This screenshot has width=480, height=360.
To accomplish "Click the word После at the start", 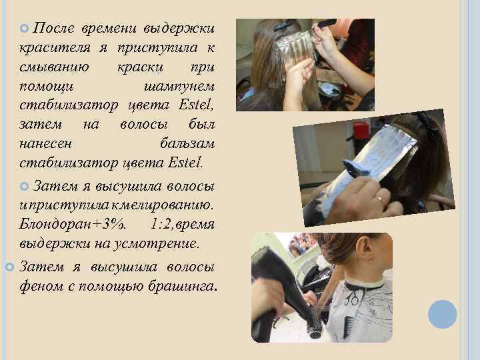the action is point(53,28).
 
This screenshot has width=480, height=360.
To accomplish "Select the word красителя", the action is point(55,48).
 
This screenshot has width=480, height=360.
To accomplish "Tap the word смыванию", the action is point(54,67).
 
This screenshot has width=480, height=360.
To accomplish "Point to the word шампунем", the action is point(179,87).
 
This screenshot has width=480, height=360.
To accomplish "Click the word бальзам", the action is point(187,143).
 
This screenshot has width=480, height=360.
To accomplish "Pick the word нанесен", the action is point(45,144).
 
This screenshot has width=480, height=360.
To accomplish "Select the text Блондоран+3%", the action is point(73,225).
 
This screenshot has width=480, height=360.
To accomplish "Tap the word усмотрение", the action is point(156,244).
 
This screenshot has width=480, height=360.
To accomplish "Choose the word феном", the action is point(41,286).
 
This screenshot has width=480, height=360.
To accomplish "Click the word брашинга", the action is point(183,286).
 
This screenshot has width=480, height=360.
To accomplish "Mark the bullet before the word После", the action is point(24,28).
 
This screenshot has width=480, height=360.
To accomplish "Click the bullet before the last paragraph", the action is point(10,267).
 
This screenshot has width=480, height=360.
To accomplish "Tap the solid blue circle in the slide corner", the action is point(443,315).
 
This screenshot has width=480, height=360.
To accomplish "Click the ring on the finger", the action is point(380,199).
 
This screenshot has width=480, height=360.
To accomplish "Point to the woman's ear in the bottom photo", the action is point(365,249).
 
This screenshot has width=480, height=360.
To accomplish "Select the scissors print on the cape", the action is point(352,297).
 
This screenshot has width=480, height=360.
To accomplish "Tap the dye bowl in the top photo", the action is point(329,90).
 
